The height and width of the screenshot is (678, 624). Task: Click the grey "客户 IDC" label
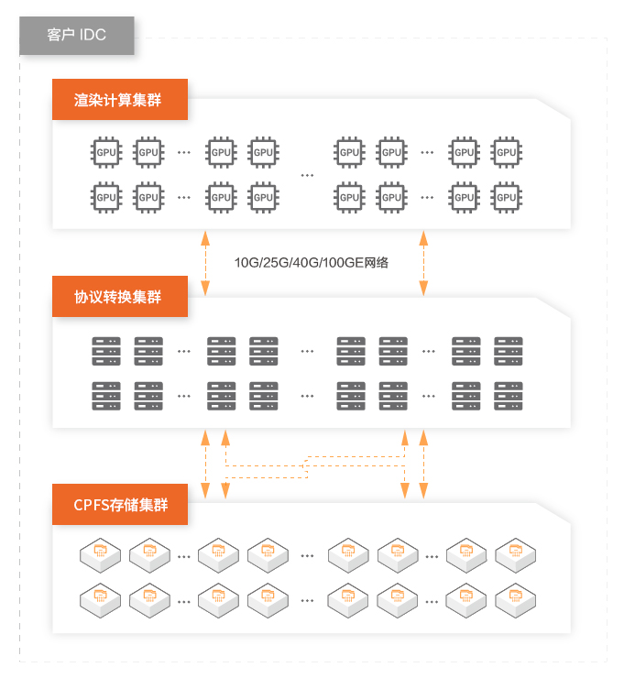point(77,36)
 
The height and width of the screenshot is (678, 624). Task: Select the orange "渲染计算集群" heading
point(119,100)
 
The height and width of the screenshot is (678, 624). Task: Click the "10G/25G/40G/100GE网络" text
point(312,263)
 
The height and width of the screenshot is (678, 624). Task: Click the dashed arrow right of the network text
point(422,263)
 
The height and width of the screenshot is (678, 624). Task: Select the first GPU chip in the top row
point(106,152)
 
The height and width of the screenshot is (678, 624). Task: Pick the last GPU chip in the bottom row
point(507,196)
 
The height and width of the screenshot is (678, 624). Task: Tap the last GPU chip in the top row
point(507,152)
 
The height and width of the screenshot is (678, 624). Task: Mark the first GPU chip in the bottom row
point(106,196)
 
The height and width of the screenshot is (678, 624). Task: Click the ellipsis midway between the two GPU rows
point(307,174)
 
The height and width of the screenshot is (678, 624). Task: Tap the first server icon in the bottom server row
point(106,395)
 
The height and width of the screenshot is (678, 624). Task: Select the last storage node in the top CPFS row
point(516,552)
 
